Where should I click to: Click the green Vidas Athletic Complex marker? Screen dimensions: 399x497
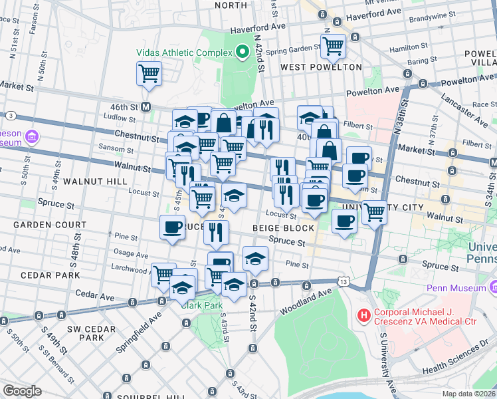[x=243, y=52]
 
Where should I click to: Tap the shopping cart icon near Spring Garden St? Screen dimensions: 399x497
[x=333, y=46]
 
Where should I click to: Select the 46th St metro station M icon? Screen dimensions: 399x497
[x=146, y=106]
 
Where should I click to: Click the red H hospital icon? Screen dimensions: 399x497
[x=363, y=315]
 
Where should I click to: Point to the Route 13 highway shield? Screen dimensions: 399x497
[x=342, y=282]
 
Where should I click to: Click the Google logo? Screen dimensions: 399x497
[x=22, y=391]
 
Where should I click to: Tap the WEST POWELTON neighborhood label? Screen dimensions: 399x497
[x=321, y=67]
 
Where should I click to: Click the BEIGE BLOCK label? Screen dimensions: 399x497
[x=282, y=228]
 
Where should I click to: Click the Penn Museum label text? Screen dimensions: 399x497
[x=458, y=288]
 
